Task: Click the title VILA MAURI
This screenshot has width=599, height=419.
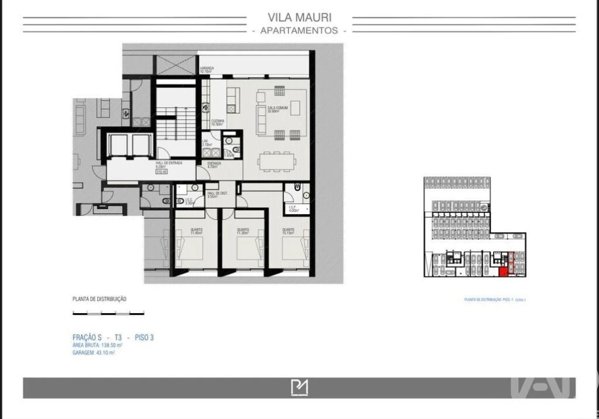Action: coord(299,17)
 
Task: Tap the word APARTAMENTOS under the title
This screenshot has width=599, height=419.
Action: coord(299,30)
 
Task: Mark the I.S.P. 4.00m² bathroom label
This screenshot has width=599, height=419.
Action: coord(292,208)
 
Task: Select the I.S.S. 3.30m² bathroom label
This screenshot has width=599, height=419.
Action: coord(188,201)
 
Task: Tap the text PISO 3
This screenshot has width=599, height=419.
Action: coord(144,338)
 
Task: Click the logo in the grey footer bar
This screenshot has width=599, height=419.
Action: coord(299,388)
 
